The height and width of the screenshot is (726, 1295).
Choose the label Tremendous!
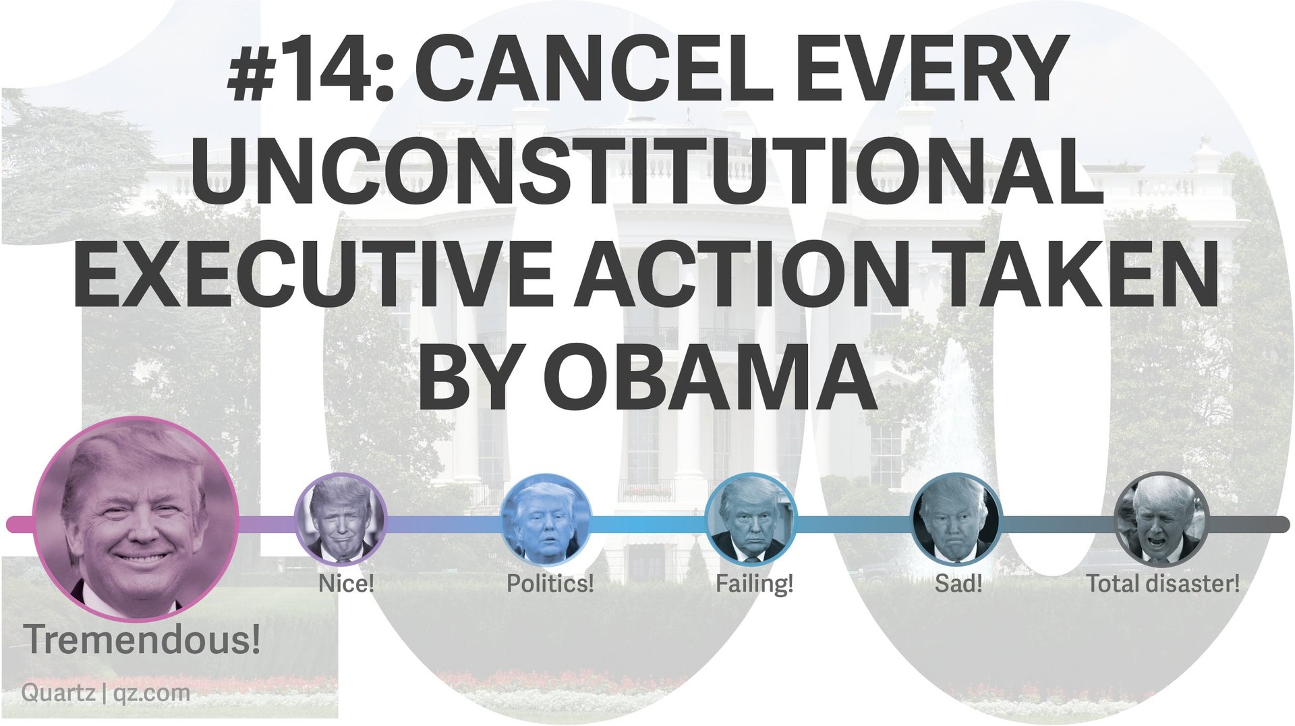[x=142, y=640]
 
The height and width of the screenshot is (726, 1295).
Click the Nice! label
[x=346, y=583]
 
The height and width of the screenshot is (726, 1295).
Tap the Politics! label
[x=550, y=583]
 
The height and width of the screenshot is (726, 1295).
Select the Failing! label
[x=755, y=584]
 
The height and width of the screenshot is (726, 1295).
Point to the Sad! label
[x=958, y=583]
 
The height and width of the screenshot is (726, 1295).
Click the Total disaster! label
[x=1163, y=583]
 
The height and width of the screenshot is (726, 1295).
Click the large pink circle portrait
[x=136, y=520]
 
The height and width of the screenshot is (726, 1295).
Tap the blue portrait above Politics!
[x=546, y=519]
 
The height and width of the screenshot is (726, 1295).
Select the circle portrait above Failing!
[x=751, y=519]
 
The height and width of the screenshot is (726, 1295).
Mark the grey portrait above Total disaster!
[x=1161, y=519]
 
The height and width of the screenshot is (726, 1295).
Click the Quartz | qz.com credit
[x=106, y=693]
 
